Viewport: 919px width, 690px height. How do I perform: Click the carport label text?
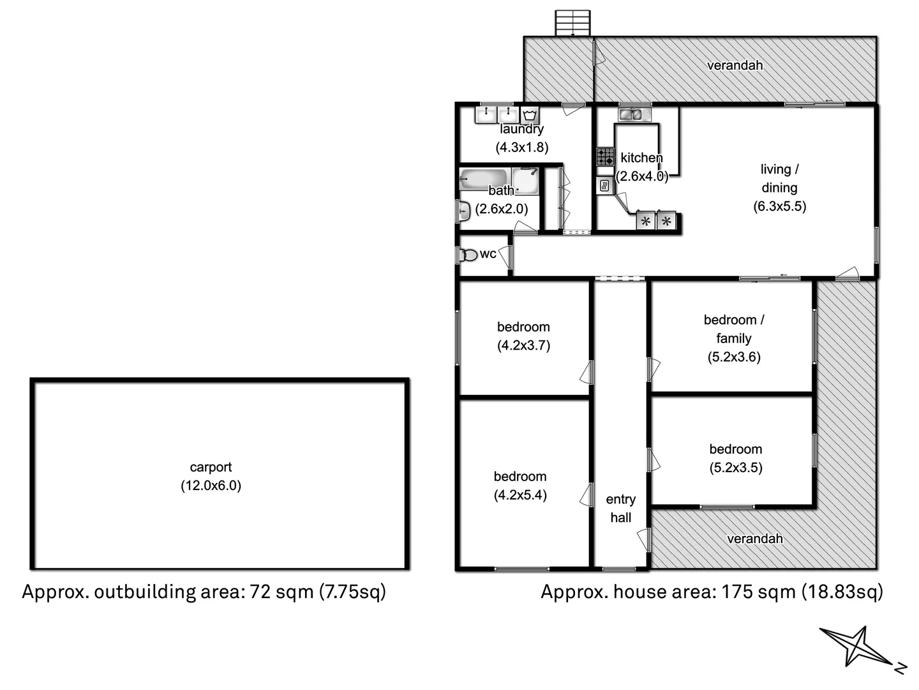211,467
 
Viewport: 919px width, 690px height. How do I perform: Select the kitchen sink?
632,115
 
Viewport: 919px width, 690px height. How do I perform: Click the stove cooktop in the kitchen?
605,157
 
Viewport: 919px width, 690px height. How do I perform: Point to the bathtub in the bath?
484,180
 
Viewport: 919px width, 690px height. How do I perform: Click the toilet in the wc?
468,255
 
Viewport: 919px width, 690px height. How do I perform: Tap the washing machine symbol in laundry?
529,116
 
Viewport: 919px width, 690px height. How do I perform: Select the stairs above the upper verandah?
572,24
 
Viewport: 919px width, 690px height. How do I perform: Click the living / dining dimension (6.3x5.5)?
779,206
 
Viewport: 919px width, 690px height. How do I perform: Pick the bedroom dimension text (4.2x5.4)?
520,495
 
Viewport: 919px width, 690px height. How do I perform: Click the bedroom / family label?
734,328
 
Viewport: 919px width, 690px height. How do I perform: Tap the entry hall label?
620,509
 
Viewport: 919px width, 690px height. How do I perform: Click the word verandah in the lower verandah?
755,539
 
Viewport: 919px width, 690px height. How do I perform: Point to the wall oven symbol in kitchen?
604,187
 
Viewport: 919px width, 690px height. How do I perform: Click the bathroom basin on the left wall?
464,211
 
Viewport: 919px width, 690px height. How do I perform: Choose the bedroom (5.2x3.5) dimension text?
736,468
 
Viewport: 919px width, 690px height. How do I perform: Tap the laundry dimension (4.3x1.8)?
522,147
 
